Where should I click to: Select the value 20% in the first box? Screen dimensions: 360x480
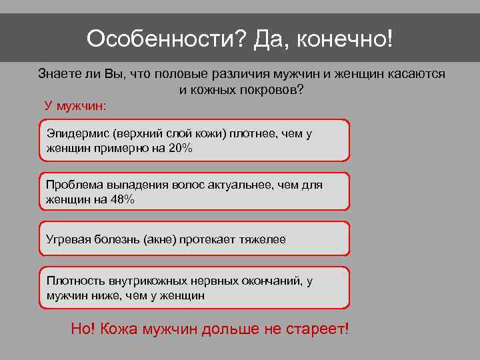[179, 147]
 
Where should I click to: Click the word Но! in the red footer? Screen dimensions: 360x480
[83, 329]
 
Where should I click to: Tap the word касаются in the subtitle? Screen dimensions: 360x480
[417, 74]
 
